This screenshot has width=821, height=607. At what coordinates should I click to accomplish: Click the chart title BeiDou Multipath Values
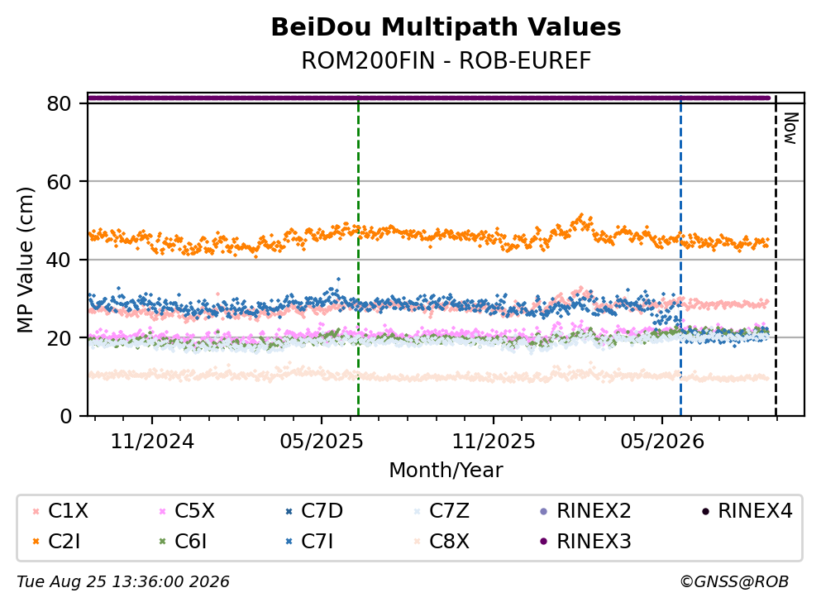tap(446, 27)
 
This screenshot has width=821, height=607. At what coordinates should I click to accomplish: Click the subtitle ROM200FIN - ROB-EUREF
tap(446, 60)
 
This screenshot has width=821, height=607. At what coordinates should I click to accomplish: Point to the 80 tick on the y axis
tap(59, 103)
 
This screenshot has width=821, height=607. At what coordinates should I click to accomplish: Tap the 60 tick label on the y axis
tap(59, 182)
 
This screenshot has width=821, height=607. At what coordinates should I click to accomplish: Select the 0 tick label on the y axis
tap(65, 416)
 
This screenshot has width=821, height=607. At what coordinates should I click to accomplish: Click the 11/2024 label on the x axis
tap(152, 442)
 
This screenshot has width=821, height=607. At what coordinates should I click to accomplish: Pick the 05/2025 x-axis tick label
tap(321, 442)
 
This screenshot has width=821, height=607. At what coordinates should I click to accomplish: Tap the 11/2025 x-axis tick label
tap(494, 442)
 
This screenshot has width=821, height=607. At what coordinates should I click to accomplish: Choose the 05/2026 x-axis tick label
tap(662, 442)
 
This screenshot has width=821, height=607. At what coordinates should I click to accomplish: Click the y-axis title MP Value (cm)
tap(25, 260)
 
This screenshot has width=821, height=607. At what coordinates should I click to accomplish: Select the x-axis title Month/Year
tap(446, 470)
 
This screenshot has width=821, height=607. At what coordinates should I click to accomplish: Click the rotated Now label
tap(790, 128)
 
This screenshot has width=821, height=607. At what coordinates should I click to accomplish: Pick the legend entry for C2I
tap(57, 541)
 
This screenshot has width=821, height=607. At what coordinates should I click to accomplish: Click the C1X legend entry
tap(60, 510)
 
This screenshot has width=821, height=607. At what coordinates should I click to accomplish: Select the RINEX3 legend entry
tap(585, 541)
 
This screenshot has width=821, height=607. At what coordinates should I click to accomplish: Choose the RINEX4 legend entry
tap(747, 510)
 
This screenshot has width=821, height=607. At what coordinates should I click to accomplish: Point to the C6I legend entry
tap(183, 541)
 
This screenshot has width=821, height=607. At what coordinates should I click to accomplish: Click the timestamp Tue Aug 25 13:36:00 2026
tap(123, 582)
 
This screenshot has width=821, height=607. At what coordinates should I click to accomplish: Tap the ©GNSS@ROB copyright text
tap(734, 582)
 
